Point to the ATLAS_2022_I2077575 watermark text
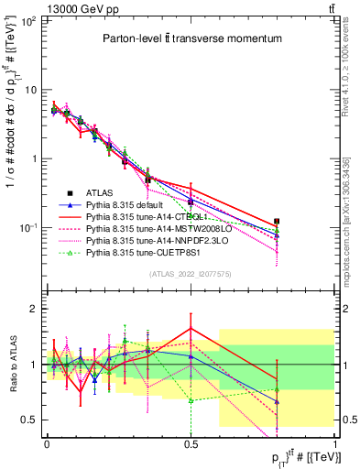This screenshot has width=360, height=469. click(x=191, y=274)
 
